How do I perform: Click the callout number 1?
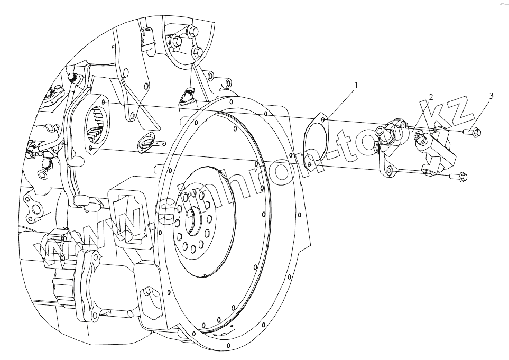point(356,85)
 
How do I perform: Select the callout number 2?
point(431,97)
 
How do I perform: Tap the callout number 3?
point(491,96)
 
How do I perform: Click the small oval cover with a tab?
point(148,142)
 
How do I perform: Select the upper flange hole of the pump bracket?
point(404,125)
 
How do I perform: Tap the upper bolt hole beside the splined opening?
point(104,102)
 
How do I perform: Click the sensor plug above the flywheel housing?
point(188,95)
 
